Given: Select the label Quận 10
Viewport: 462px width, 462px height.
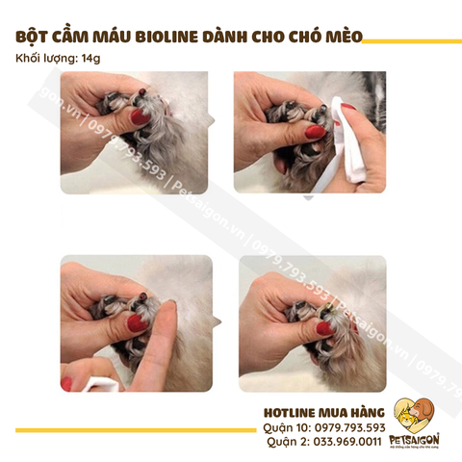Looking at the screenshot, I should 286,427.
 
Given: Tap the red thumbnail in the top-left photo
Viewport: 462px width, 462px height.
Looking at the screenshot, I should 140,117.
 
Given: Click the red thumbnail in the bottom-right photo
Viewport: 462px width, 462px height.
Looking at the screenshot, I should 325,328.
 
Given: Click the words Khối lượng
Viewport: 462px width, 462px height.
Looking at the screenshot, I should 48,60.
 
